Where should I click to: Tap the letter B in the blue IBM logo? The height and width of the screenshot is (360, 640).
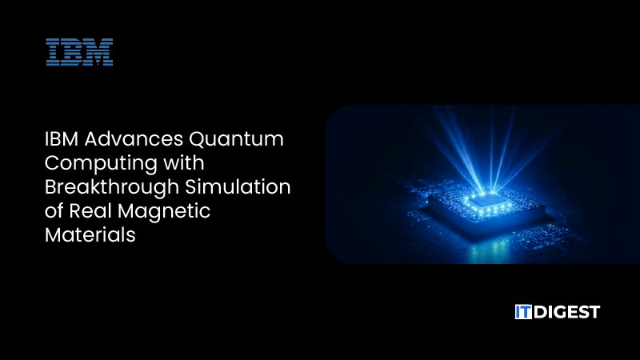tap(74, 52)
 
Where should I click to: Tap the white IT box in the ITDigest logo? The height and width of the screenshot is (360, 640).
tap(524, 312)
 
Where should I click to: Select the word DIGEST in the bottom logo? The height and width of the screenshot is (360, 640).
tap(567, 312)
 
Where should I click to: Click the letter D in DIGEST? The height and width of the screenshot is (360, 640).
tap(541, 312)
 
